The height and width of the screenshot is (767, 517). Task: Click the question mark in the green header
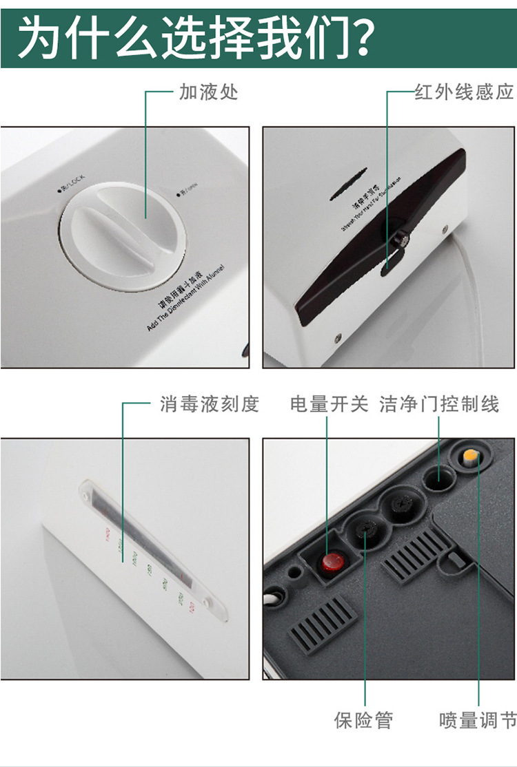(358, 37)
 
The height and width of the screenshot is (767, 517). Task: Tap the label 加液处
(208, 92)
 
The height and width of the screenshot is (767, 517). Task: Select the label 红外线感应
(464, 92)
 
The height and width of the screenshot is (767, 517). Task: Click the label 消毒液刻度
(210, 404)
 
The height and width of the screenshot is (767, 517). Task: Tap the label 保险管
(363, 720)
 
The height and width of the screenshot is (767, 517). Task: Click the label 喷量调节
(478, 720)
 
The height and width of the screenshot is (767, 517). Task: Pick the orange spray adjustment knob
(472, 456)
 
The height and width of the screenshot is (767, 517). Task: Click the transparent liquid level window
(145, 537)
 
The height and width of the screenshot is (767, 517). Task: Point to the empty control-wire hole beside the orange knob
(438, 477)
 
